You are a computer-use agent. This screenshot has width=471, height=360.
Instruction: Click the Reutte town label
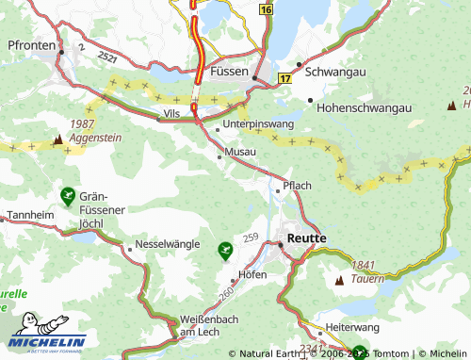[307, 239]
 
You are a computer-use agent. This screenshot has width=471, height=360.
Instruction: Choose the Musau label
[240, 151]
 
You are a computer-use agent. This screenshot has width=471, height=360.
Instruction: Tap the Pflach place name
[297, 185]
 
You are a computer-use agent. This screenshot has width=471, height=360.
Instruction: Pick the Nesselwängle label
[168, 243]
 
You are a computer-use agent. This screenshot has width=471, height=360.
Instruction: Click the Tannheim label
[27, 215]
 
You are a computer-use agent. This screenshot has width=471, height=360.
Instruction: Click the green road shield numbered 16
[267, 8]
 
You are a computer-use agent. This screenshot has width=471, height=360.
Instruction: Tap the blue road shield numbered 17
[284, 81]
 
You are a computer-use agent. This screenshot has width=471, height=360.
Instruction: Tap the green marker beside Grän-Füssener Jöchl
[67, 196]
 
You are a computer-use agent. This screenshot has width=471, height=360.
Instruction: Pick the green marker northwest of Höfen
[224, 250]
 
